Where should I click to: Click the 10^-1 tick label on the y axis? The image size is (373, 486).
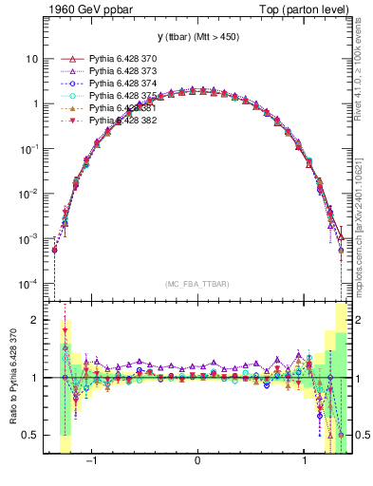pyautogui.click(x=28, y=149)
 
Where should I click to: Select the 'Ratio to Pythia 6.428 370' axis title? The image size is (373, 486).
pyautogui.click(x=10, y=379)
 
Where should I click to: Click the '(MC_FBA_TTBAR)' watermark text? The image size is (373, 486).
pyautogui.click(x=197, y=283)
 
